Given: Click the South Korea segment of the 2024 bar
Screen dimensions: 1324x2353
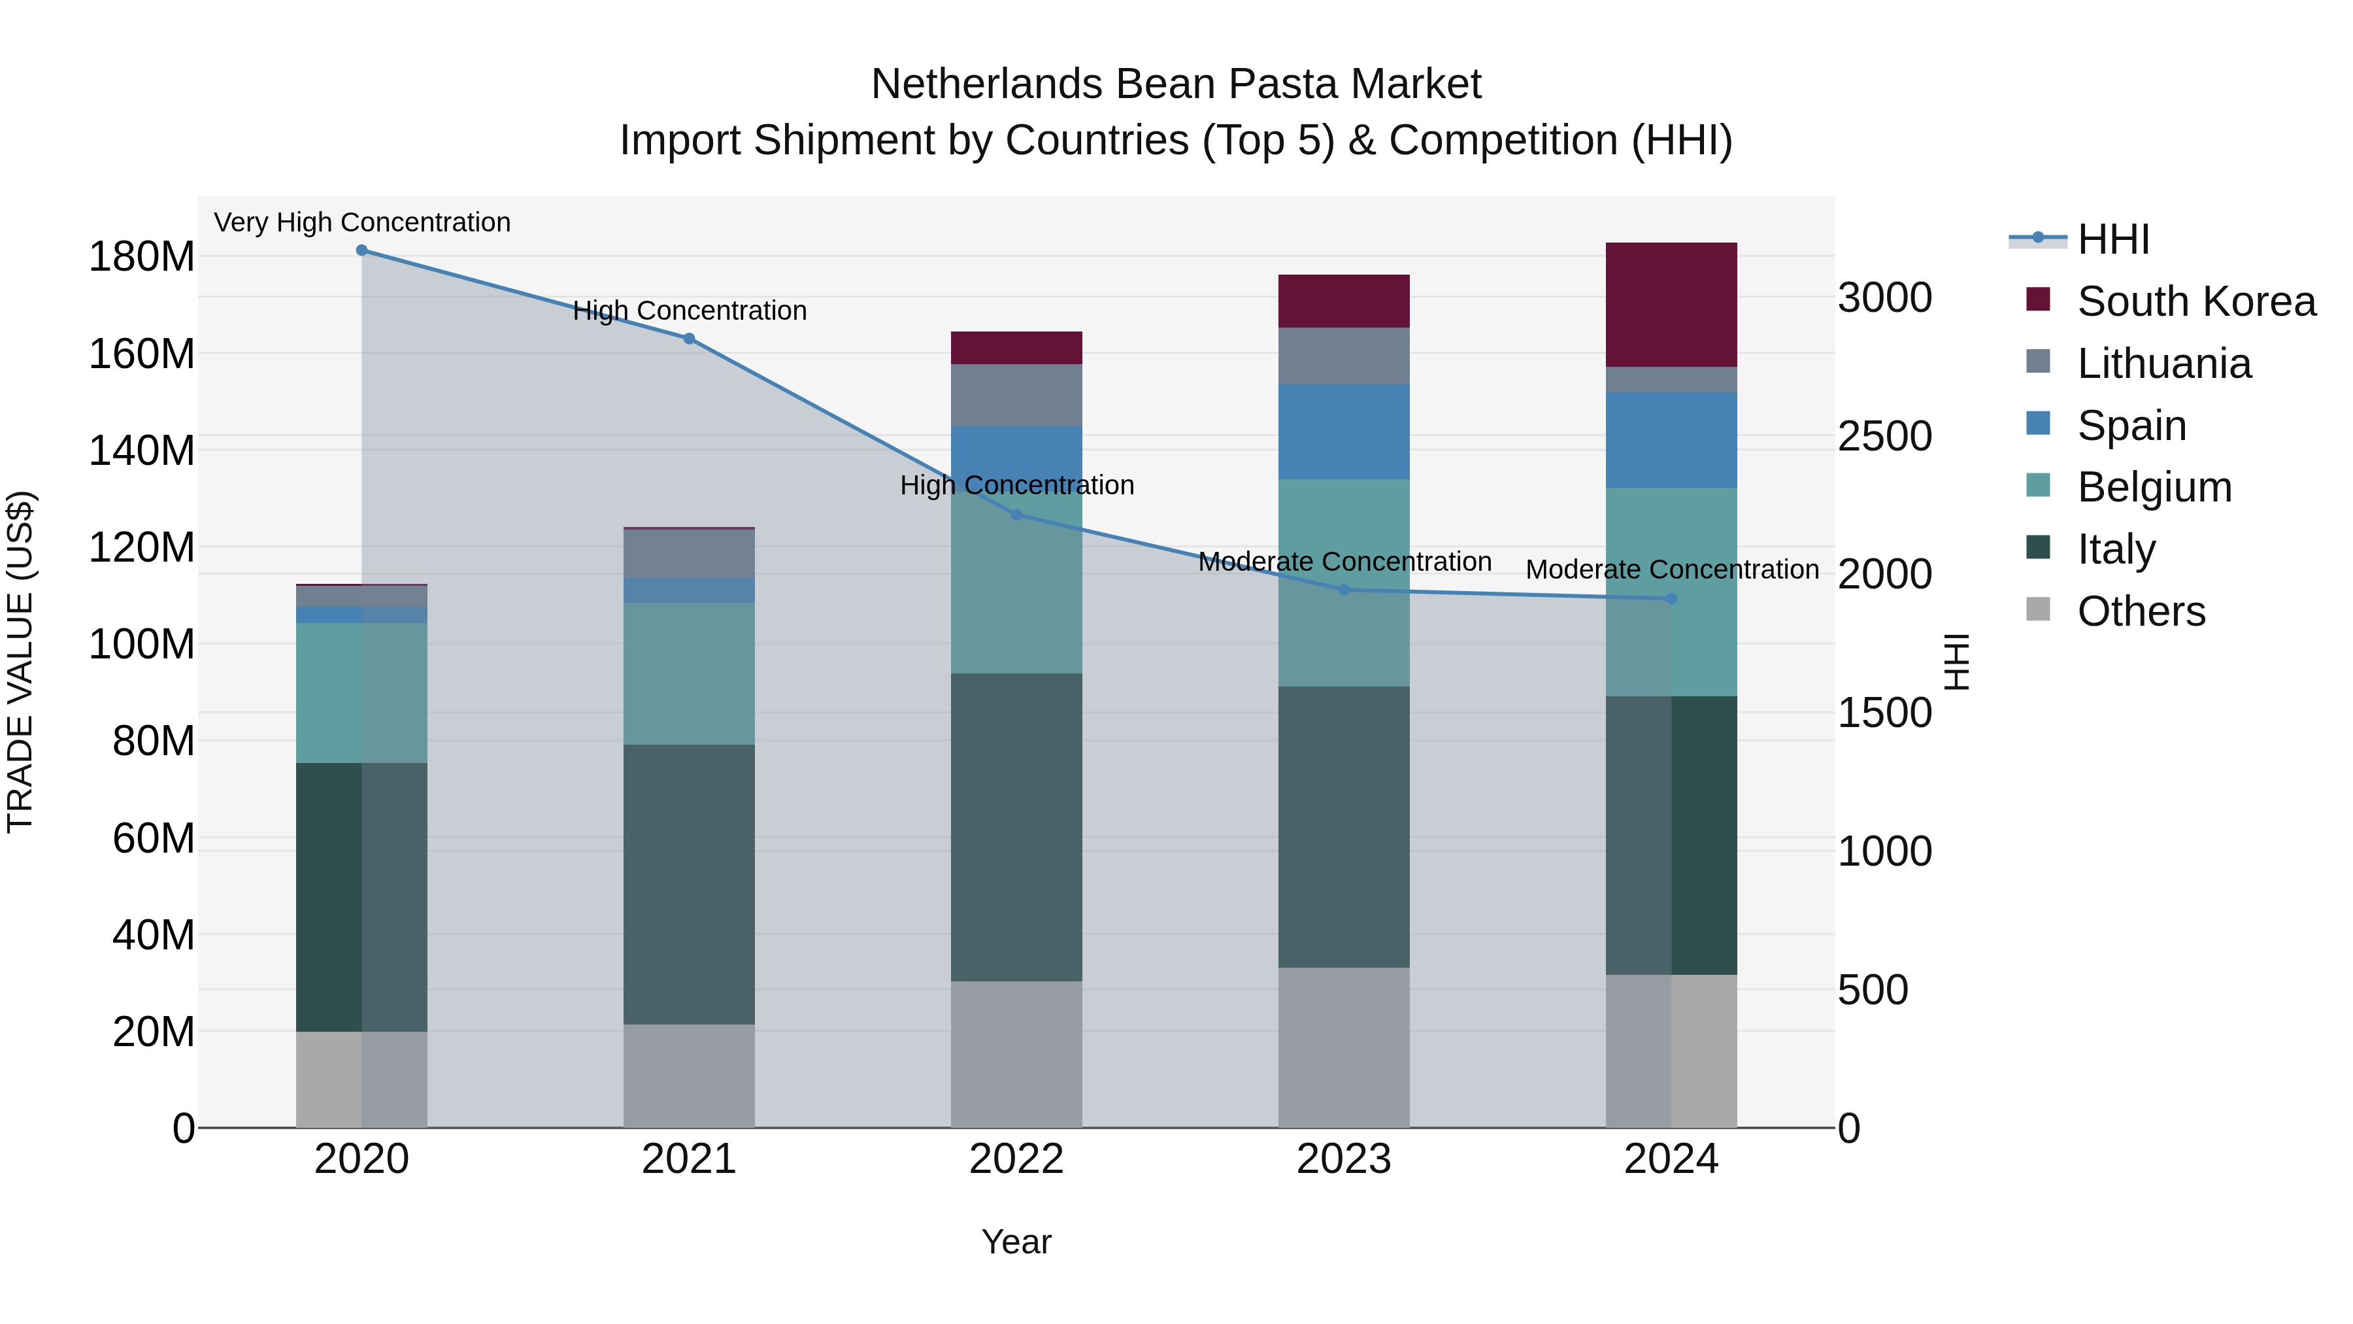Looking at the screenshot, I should pyautogui.click(x=1671, y=304).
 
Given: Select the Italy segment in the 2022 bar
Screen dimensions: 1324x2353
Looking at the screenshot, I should pyautogui.click(x=1016, y=827).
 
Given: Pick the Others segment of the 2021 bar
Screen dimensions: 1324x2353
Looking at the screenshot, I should pyautogui.click(x=689, y=1076).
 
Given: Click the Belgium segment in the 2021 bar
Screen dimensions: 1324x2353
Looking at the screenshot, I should pyautogui.click(x=689, y=673).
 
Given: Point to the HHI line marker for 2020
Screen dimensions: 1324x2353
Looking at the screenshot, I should pyautogui.click(x=361, y=250).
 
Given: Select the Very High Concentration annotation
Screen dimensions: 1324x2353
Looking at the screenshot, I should pyautogui.click(x=361, y=223).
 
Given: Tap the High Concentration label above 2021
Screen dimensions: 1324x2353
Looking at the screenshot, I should pyautogui.click(x=689, y=311).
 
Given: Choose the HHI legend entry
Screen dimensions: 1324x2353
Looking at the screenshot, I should pyautogui.click(x=2112, y=239).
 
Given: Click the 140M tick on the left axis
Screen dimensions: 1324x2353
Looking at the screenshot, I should pyautogui.click(x=142, y=450).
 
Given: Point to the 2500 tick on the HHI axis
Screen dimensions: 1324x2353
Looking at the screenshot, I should pyautogui.click(x=1884, y=436).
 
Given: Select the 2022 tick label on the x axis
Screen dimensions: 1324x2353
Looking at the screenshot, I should pyautogui.click(x=1016, y=1159).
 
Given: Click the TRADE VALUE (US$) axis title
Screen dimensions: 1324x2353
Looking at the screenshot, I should pyautogui.click(x=20, y=662).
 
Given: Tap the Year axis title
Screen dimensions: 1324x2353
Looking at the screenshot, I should pyautogui.click(x=1016, y=1242).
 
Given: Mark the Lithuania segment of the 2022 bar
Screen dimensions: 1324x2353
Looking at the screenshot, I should pyautogui.click(x=1016, y=395).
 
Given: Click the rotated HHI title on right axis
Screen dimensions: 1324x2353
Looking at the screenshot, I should pyautogui.click(x=1956, y=662).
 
